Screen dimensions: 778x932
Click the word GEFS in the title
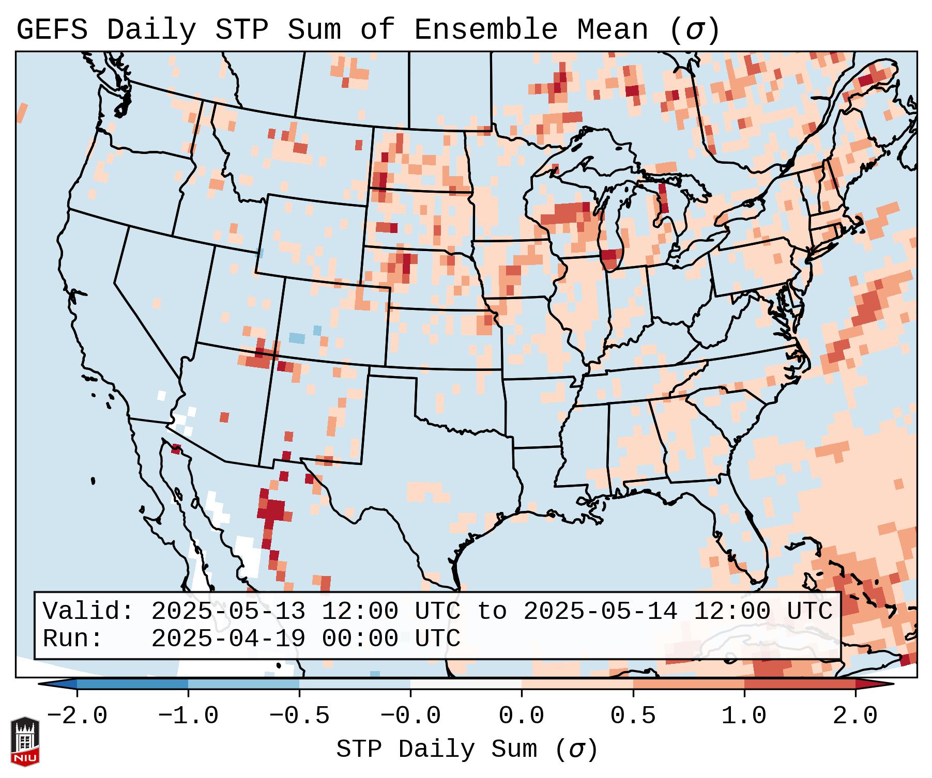click(52, 30)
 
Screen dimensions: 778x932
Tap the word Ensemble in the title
click(486, 30)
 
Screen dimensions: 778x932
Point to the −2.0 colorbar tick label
click(77, 716)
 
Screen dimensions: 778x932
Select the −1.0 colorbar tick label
click(188, 716)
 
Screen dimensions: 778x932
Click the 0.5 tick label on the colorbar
click(633, 716)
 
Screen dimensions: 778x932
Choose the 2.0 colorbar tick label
click(855, 716)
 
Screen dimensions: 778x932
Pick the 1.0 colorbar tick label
click(744, 716)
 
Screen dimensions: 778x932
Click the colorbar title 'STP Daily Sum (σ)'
click(467, 750)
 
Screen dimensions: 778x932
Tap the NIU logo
click(25, 741)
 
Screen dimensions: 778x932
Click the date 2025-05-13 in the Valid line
click(228, 612)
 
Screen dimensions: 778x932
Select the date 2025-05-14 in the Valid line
click(600, 612)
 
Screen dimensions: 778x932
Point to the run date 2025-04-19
click(228, 639)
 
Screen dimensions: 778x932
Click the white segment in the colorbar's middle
click(466, 684)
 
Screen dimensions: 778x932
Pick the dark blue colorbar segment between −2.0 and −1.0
click(132, 684)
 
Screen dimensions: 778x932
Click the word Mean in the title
click(612, 30)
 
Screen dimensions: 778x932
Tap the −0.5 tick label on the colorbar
click(299, 716)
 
